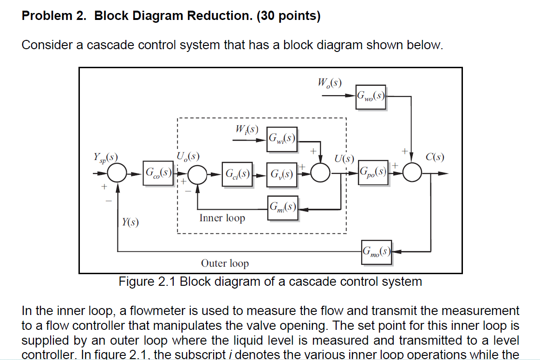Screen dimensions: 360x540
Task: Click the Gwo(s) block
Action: (x=371, y=96)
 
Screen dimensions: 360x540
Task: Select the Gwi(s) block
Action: (x=282, y=138)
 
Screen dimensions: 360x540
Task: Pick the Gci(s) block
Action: (x=237, y=174)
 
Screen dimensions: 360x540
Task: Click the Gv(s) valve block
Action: (x=282, y=174)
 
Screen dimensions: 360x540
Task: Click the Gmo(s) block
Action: (x=376, y=252)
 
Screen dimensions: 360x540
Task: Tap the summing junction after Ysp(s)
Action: (x=117, y=174)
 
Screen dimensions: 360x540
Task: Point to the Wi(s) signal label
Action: (x=247, y=129)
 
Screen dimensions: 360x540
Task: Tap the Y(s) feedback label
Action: (x=130, y=223)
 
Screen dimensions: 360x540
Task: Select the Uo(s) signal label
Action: (x=188, y=155)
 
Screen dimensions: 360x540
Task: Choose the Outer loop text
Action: (x=225, y=264)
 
